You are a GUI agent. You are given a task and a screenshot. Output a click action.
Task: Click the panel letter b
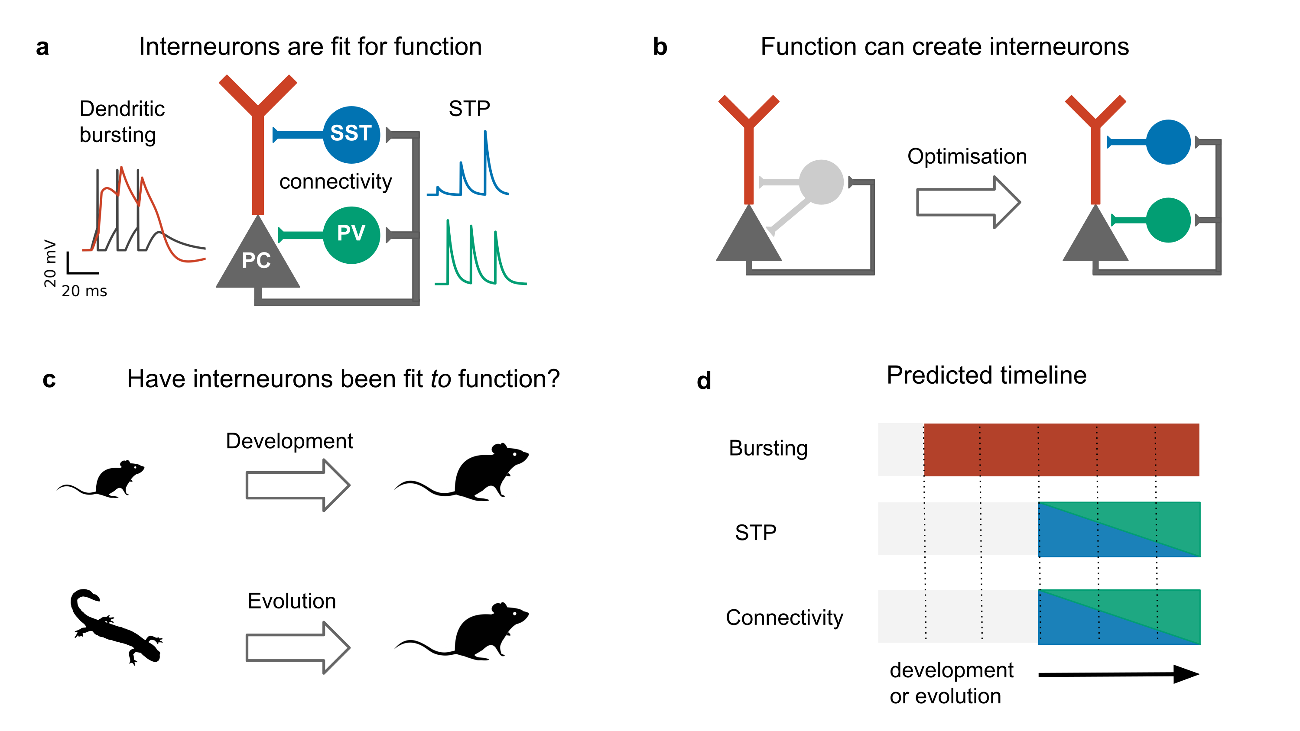[660, 47]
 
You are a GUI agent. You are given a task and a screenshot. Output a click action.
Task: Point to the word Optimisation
[966, 156]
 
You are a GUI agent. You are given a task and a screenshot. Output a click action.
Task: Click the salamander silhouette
[114, 626]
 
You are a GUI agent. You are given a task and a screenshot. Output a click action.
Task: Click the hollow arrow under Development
[297, 485]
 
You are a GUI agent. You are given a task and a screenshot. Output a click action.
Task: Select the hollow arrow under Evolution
[297, 648]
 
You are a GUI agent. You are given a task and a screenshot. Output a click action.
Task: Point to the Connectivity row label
[784, 618]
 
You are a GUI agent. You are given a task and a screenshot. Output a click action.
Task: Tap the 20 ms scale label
[84, 291]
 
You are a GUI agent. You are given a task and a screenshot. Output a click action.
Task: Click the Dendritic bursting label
[122, 122]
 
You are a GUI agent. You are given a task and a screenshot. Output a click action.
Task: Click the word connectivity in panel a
[335, 181]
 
